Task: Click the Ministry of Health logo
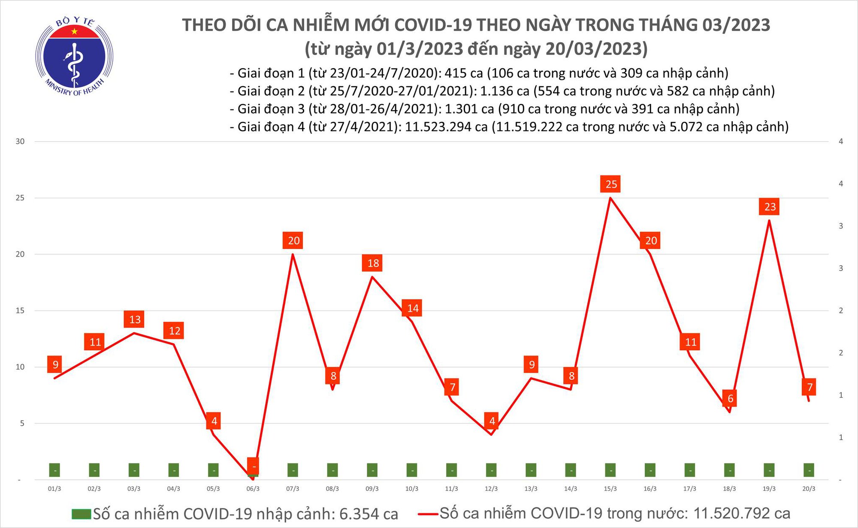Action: (x=74, y=56)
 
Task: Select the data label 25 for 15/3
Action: (x=611, y=184)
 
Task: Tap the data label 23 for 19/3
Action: (x=770, y=207)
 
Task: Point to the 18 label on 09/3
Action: (x=373, y=263)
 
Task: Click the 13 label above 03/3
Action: (x=135, y=319)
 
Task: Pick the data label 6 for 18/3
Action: (x=730, y=398)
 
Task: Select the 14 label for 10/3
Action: (x=413, y=308)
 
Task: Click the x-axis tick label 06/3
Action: (x=253, y=489)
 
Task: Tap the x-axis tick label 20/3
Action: (x=809, y=489)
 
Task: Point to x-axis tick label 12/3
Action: (x=491, y=489)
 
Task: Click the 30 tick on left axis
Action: (x=20, y=142)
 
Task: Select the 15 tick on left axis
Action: (x=20, y=310)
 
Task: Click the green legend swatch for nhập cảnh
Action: (x=81, y=514)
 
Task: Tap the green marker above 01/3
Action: (x=54, y=470)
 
